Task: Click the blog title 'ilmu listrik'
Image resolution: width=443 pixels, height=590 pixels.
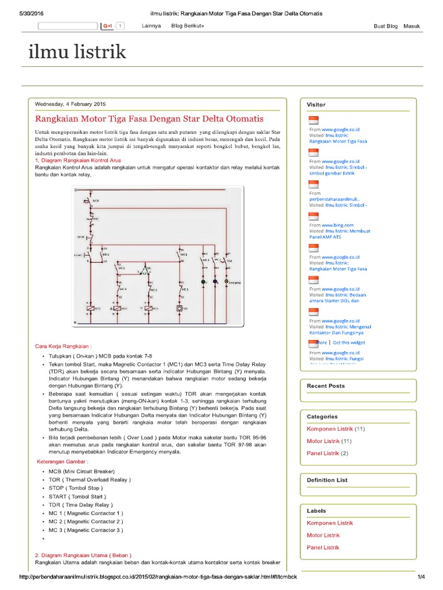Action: pos(77,53)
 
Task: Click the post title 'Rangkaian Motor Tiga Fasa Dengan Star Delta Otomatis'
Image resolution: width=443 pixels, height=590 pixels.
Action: pos(149,119)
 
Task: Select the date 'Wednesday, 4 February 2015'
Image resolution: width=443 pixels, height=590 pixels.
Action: pos(70,104)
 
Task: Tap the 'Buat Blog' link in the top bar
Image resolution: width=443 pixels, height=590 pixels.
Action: pos(385,27)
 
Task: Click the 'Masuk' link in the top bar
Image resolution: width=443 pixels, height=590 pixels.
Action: pos(412,27)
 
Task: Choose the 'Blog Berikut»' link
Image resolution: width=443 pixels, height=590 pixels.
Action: pos(187,27)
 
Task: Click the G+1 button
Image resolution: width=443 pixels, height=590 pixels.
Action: pos(108,27)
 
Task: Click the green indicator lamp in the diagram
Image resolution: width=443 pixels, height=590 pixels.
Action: pos(203,282)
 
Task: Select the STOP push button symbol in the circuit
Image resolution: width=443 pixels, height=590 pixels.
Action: pos(89,237)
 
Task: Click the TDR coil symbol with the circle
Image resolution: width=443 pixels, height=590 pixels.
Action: pos(179,309)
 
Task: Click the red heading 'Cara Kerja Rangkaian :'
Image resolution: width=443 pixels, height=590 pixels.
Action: pos(63,346)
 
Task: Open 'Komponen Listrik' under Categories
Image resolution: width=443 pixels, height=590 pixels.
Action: pos(330,429)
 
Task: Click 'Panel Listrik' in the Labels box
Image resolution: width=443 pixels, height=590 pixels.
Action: pos(323,547)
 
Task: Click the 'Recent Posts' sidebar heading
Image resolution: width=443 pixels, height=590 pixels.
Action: pos(326,386)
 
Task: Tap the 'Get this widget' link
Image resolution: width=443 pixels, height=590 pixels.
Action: pos(348,342)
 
